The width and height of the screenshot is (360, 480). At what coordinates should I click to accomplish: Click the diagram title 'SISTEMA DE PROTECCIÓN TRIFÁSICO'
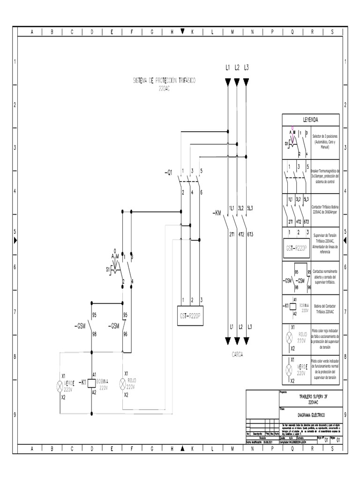163,81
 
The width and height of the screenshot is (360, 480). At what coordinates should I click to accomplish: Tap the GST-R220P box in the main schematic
189,315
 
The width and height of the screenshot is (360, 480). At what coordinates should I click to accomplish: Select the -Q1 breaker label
169,172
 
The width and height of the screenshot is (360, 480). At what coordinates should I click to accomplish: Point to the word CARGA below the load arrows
237,355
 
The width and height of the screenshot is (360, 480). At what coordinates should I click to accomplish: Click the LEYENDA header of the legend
310,120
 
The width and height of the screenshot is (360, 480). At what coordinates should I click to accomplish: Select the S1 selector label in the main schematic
108,270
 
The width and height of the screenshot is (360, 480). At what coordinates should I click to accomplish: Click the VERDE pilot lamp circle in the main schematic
60,386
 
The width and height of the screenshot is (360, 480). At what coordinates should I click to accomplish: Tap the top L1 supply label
228,67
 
